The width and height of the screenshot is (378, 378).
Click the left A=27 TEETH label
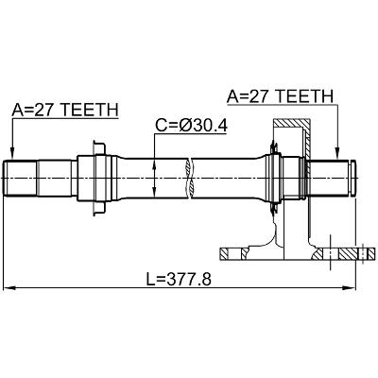point(65,110)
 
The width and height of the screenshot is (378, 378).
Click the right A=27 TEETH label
point(280,96)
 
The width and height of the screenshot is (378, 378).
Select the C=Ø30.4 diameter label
point(191,126)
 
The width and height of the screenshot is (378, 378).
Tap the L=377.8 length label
point(179,279)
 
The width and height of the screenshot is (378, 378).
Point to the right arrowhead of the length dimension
point(349,287)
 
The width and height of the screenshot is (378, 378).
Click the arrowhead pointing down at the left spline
point(12,154)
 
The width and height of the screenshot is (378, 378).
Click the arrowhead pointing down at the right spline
point(337,154)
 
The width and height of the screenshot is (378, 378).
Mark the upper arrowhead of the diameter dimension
point(154,164)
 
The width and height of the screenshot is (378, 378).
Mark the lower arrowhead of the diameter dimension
point(154,192)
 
